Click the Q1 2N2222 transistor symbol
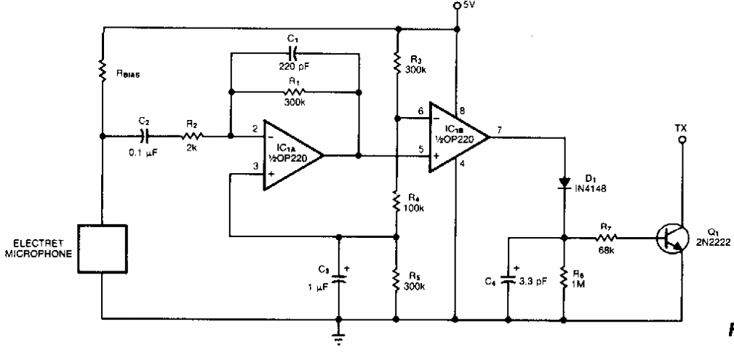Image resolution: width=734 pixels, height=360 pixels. [x=671, y=237]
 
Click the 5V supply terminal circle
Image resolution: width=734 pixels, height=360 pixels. [x=456, y=7]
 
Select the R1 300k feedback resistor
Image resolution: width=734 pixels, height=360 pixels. [x=294, y=92]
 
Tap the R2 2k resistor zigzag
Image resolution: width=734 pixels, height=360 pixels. [x=193, y=135]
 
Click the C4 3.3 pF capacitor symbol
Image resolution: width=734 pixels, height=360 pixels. [x=507, y=279]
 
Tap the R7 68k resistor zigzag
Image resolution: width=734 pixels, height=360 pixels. [x=605, y=237]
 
